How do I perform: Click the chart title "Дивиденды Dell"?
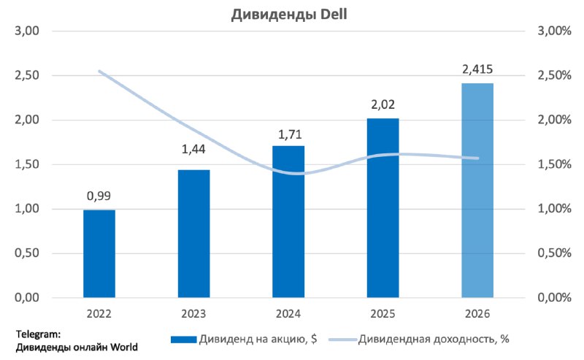(x=291, y=13)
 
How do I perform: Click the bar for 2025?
(x=383, y=208)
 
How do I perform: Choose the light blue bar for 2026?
(x=477, y=191)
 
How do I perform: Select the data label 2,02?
(x=383, y=105)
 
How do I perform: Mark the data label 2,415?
(x=477, y=70)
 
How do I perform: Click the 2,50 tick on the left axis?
(x=27, y=76)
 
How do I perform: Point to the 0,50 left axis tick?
(x=27, y=253)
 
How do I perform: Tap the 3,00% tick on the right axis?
(x=553, y=31)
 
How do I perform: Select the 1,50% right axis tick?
(x=553, y=164)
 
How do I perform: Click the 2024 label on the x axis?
(x=288, y=314)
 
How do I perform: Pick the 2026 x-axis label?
(x=477, y=314)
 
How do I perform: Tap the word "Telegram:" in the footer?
(x=39, y=334)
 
